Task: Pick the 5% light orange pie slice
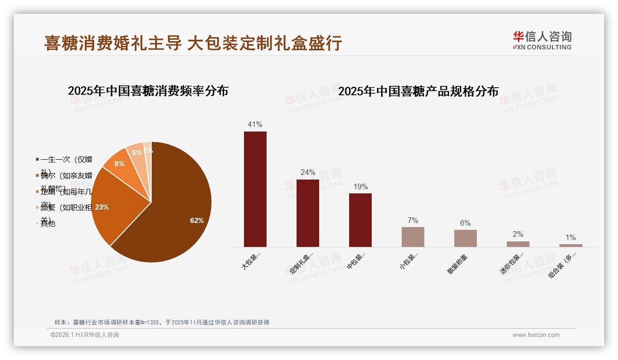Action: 137,153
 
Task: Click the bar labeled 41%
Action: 255,189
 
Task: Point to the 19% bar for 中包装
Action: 360,220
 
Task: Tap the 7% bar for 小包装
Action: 413,237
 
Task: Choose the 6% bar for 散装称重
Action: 465,238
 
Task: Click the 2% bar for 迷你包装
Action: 518,244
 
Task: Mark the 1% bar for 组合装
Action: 570,246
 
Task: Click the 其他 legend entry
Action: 48,223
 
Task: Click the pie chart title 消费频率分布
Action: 148,91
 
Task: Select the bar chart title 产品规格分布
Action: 418,91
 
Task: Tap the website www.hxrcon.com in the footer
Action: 536,335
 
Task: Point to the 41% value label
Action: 255,124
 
